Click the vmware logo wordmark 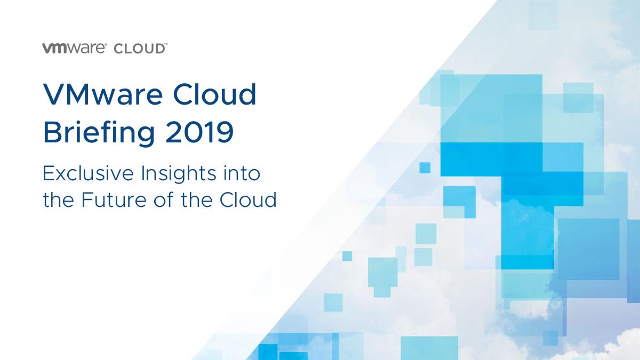point(74,48)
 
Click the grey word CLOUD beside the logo point(139,49)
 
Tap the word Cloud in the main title point(214,94)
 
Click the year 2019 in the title point(199,132)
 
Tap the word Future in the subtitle point(114,199)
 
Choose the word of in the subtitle point(163,199)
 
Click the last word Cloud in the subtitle point(248,199)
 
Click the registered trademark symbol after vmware point(106,45)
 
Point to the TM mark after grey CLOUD point(166,45)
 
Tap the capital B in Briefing point(52,132)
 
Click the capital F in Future point(87,199)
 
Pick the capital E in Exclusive point(49,173)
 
